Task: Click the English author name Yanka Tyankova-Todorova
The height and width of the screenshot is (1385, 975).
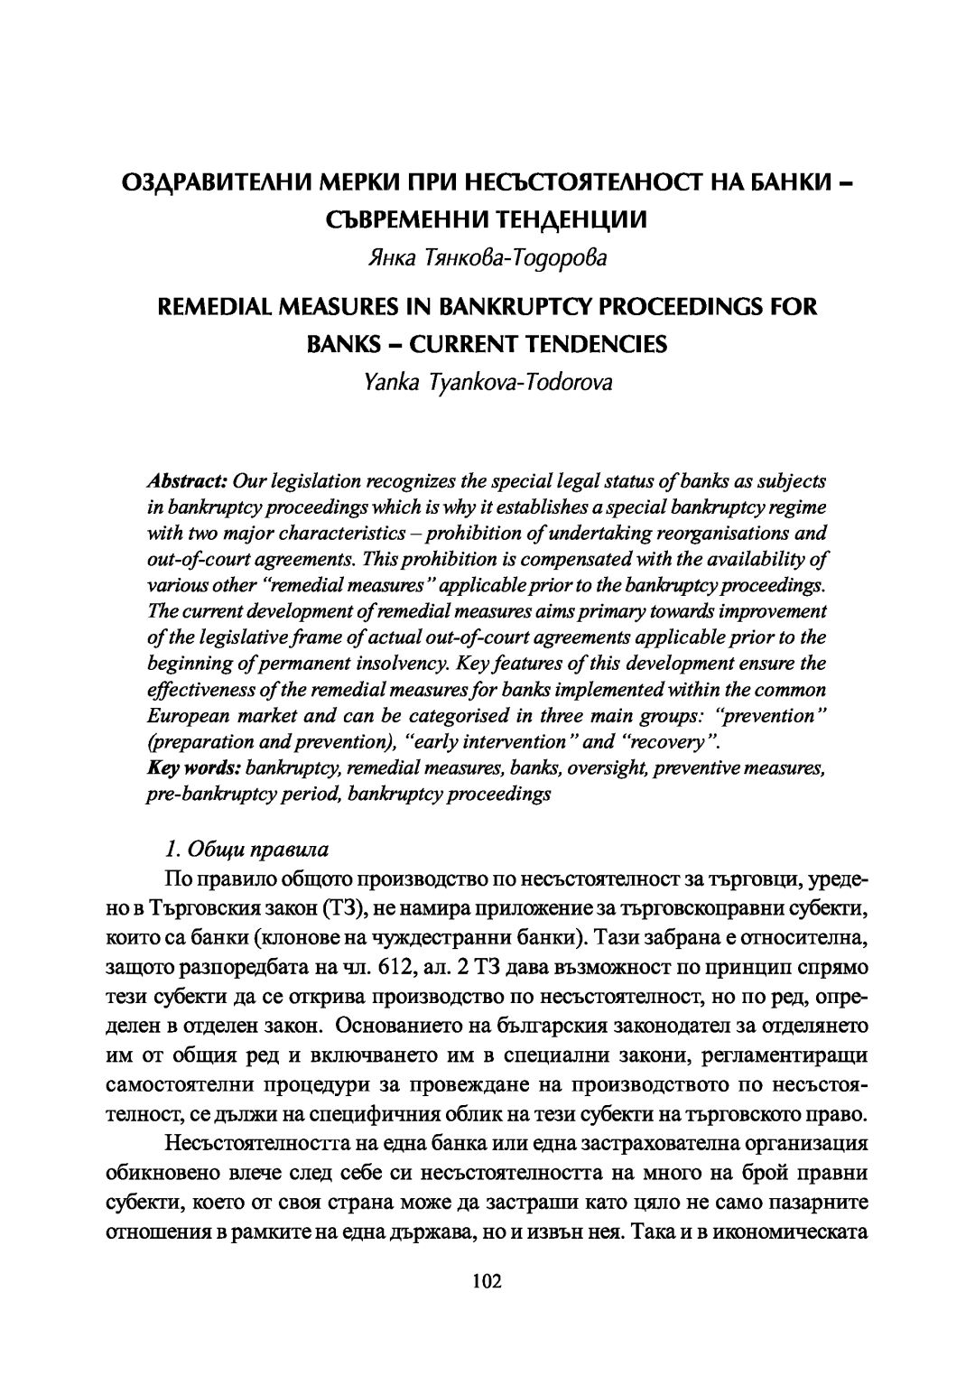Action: click(487, 382)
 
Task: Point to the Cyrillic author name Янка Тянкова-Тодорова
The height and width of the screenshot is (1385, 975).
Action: click(487, 258)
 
